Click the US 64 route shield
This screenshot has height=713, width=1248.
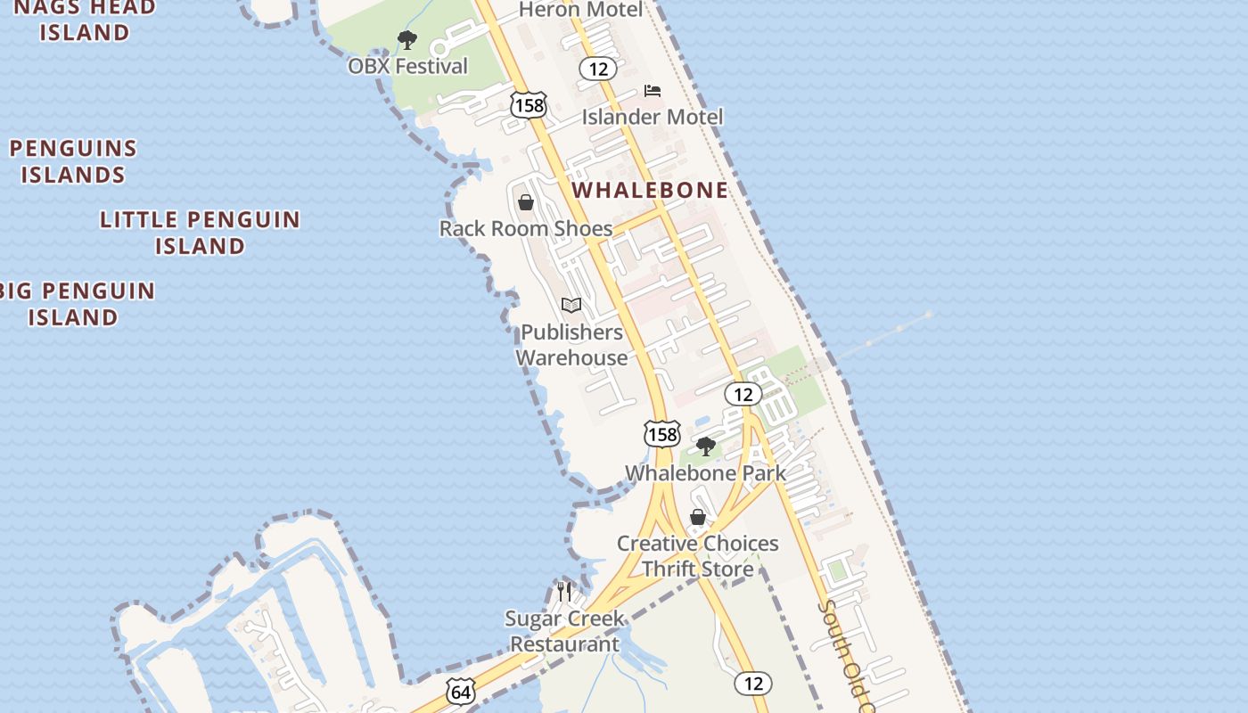point(461,692)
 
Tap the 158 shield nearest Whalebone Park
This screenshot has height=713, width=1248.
point(661,434)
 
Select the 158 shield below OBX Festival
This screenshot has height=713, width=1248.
point(528,105)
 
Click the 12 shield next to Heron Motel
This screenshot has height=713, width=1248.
point(597,68)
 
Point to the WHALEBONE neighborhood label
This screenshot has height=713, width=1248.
point(650,190)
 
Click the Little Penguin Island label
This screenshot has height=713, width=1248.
point(200,233)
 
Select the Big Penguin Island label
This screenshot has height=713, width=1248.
point(77,304)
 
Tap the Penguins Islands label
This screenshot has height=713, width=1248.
point(73,161)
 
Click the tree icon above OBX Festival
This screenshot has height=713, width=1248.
point(407,40)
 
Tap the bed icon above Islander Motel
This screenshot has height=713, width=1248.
point(653,91)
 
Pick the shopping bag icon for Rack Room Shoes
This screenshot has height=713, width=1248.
point(526,202)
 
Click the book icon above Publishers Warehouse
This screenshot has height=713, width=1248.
point(571,306)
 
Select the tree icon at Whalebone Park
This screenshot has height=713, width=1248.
point(706,447)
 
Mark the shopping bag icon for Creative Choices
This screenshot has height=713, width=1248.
point(698,517)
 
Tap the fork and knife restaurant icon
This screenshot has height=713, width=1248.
point(563,591)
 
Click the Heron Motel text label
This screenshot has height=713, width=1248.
point(579,10)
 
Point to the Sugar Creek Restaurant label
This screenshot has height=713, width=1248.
point(564,631)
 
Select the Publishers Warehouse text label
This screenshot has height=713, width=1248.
point(571,345)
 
